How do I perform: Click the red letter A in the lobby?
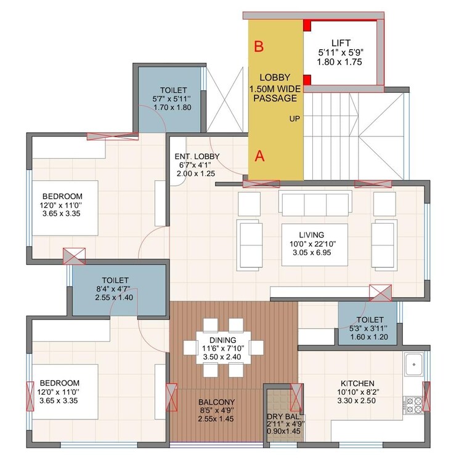(x=260, y=156)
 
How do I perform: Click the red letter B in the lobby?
(x=259, y=46)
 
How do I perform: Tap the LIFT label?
(x=341, y=42)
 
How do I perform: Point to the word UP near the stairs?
(x=294, y=119)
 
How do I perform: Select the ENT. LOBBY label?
(x=197, y=157)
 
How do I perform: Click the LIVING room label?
(x=312, y=234)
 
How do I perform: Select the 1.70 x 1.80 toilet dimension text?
(x=169, y=107)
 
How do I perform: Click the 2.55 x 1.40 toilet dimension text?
(x=114, y=297)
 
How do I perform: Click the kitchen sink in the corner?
(x=412, y=364)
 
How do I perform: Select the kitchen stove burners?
(x=411, y=404)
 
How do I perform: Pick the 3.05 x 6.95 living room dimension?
(x=312, y=253)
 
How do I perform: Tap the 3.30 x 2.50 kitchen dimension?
(x=355, y=400)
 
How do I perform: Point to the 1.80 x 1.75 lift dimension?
(x=341, y=62)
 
